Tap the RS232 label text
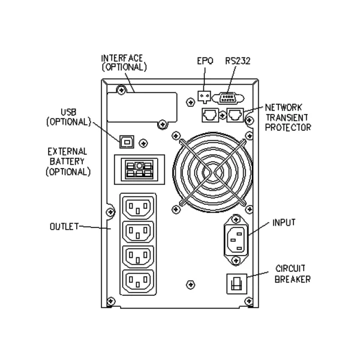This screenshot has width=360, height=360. coord(234,60)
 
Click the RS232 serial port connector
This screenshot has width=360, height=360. coord(230,97)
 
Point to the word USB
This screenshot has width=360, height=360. coord(68,112)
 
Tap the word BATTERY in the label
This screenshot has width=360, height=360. coord(68,161)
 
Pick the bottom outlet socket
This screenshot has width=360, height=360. coord(139,281)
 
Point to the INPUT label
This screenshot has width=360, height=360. coord(284,222)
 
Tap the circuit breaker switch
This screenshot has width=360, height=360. coord(235,283)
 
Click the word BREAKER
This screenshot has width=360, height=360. coord(293,279)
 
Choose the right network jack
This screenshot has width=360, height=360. coord(236,113)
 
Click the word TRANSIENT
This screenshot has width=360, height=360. coord(288,118)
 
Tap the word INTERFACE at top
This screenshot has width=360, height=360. coord(122,58)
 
